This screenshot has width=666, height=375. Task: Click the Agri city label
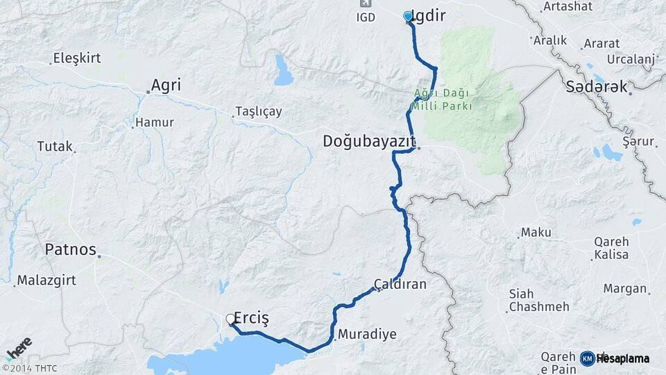[x=166, y=85]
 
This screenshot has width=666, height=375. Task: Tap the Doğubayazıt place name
[x=368, y=142]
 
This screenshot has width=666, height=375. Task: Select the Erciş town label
[x=251, y=317]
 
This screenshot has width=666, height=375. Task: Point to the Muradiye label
[x=367, y=334]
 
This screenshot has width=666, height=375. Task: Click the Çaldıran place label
[x=400, y=285]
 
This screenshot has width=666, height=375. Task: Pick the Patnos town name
[x=70, y=249]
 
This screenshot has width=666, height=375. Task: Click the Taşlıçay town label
[x=258, y=112]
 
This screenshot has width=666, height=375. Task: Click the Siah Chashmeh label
[x=538, y=300]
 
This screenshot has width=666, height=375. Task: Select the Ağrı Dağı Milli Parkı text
[x=441, y=99]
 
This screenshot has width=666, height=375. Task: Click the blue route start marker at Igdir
[x=408, y=16]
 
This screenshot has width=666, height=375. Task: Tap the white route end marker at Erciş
[x=230, y=319]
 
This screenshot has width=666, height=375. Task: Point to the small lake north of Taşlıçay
[x=283, y=70]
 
